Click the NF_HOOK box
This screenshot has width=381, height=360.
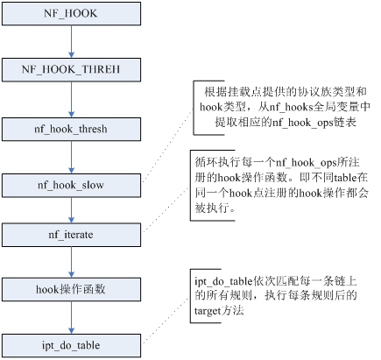(71, 13)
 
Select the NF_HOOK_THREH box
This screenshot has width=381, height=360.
(71, 69)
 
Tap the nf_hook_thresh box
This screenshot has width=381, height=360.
(71, 129)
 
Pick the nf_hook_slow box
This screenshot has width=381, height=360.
(71, 185)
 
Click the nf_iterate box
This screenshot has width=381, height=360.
(71, 235)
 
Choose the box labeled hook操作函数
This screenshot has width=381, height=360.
(71, 289)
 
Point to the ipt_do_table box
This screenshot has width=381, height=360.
(71, 346)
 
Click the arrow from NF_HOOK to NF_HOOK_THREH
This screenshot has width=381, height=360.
(71, 41)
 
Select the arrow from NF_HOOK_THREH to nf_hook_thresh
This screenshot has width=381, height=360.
(71, 100)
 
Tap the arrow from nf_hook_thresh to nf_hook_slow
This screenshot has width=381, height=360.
(71, 158)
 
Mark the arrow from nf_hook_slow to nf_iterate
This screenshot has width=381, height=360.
(71, 210)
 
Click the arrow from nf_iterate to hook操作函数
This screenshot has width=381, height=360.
(71, 262)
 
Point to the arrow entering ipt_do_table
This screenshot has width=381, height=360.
(71, 318)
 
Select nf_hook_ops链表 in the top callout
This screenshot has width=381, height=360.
(314, 123)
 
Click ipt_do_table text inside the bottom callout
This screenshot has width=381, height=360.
(223, 281)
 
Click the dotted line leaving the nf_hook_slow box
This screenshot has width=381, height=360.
(167, 146)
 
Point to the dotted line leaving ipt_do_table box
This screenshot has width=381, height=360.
(166, 321)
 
